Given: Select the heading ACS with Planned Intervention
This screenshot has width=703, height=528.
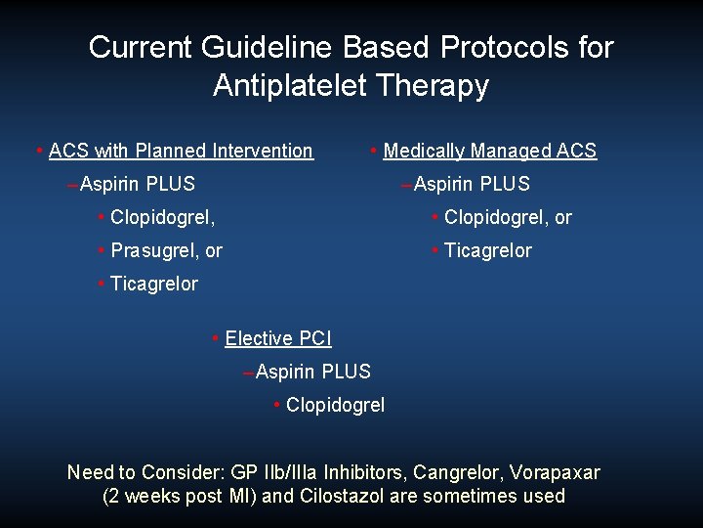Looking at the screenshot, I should tap(181, 151).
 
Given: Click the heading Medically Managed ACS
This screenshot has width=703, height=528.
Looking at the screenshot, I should tap(489, 151).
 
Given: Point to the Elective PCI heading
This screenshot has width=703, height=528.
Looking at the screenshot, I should tap(277, 338).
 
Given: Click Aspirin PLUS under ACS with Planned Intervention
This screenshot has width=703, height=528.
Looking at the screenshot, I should tap(137, 184).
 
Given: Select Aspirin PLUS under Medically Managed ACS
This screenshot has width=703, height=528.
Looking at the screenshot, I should tap(472, 184).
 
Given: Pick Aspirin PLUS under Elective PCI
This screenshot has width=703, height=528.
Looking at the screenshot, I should tap(312, 372).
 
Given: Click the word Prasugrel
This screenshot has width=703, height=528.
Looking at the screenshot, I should tap(154, 250).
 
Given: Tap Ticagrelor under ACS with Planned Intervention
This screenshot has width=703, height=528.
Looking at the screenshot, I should tap(153, 284).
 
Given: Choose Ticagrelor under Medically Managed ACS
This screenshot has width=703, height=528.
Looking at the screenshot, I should tap(487, 250).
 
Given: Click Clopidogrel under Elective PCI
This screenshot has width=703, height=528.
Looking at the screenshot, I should tap(335, 405).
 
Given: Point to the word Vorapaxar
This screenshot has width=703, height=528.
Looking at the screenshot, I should tap(556, 473).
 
